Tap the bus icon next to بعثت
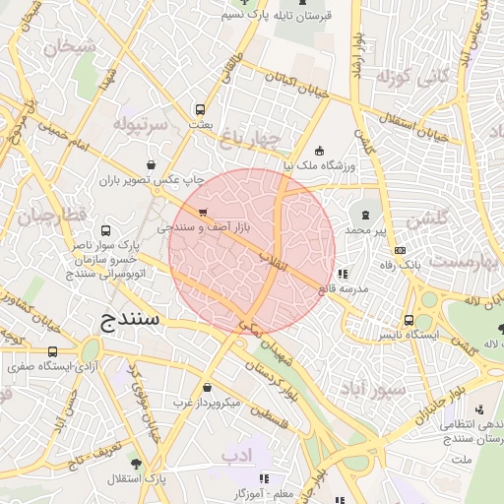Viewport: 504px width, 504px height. point(201,110)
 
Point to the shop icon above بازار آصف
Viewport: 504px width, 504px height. point(203,213)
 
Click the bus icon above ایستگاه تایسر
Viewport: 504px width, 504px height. point(409,320)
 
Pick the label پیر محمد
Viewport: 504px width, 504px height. point(366,229)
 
